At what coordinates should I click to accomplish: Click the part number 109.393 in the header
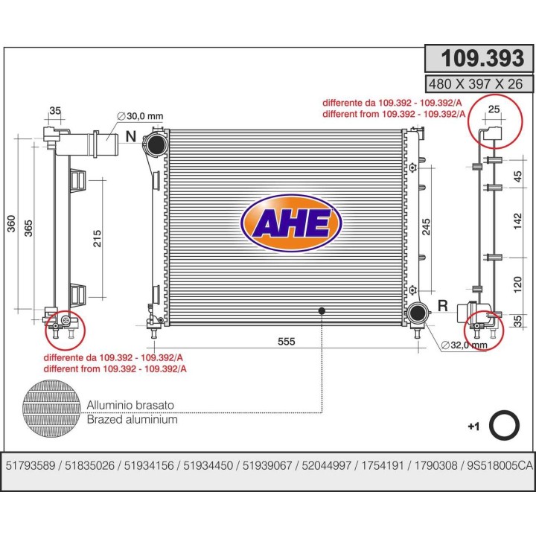[482, 58]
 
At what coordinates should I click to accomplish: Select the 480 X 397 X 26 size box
[479, 84]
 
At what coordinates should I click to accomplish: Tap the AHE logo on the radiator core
[291, 223]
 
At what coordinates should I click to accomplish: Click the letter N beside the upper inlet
[131, 136]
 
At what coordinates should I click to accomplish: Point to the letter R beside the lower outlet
[443, 305]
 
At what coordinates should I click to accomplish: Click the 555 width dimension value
[286, 341]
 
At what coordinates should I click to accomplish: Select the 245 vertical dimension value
[426, 226]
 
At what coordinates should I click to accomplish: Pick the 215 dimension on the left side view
[97, 238]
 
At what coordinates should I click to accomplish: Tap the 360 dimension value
[12, 224]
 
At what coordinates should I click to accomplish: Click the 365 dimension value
[28, 228]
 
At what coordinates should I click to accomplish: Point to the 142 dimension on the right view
[518, 221]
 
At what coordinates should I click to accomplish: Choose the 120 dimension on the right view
[518, 284]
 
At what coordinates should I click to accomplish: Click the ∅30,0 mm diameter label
[140, 116]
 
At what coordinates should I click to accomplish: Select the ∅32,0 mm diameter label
[465, 345]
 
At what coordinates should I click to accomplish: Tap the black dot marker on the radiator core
[322, 311]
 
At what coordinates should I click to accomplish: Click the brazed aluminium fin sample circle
[51, 409]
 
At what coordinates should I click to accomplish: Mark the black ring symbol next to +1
[504, 425]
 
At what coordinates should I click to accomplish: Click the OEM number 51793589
[31, 465]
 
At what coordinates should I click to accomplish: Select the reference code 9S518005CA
[500, 465]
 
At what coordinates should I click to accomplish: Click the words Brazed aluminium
[133, 419]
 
